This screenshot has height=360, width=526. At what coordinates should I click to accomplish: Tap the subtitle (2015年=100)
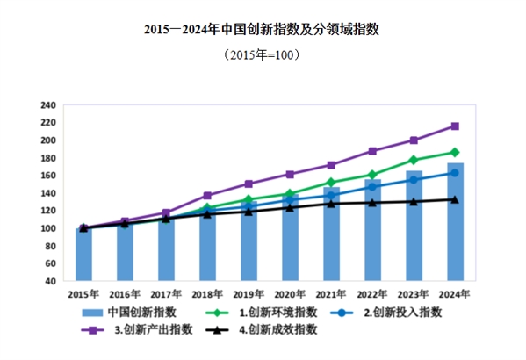(x=263, y=54)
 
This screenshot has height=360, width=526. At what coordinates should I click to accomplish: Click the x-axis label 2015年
(x=83, y=293)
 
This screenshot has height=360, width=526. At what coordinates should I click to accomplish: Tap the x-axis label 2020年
(x=290, y=293)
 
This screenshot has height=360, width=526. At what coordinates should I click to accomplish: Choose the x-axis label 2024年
(x=455, y=293)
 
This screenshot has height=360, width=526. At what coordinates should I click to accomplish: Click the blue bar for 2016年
(x=125, y=253)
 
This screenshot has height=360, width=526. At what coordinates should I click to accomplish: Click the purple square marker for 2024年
(x=455, y=126)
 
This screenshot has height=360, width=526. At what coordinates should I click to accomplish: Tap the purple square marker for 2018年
(x=207, y=196)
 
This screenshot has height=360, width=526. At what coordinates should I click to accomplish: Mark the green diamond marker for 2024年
(x=455, y=152)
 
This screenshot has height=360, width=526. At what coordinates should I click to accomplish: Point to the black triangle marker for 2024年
(x=455, y=199)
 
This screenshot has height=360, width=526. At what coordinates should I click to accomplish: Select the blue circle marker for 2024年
(x=455, y=173)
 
